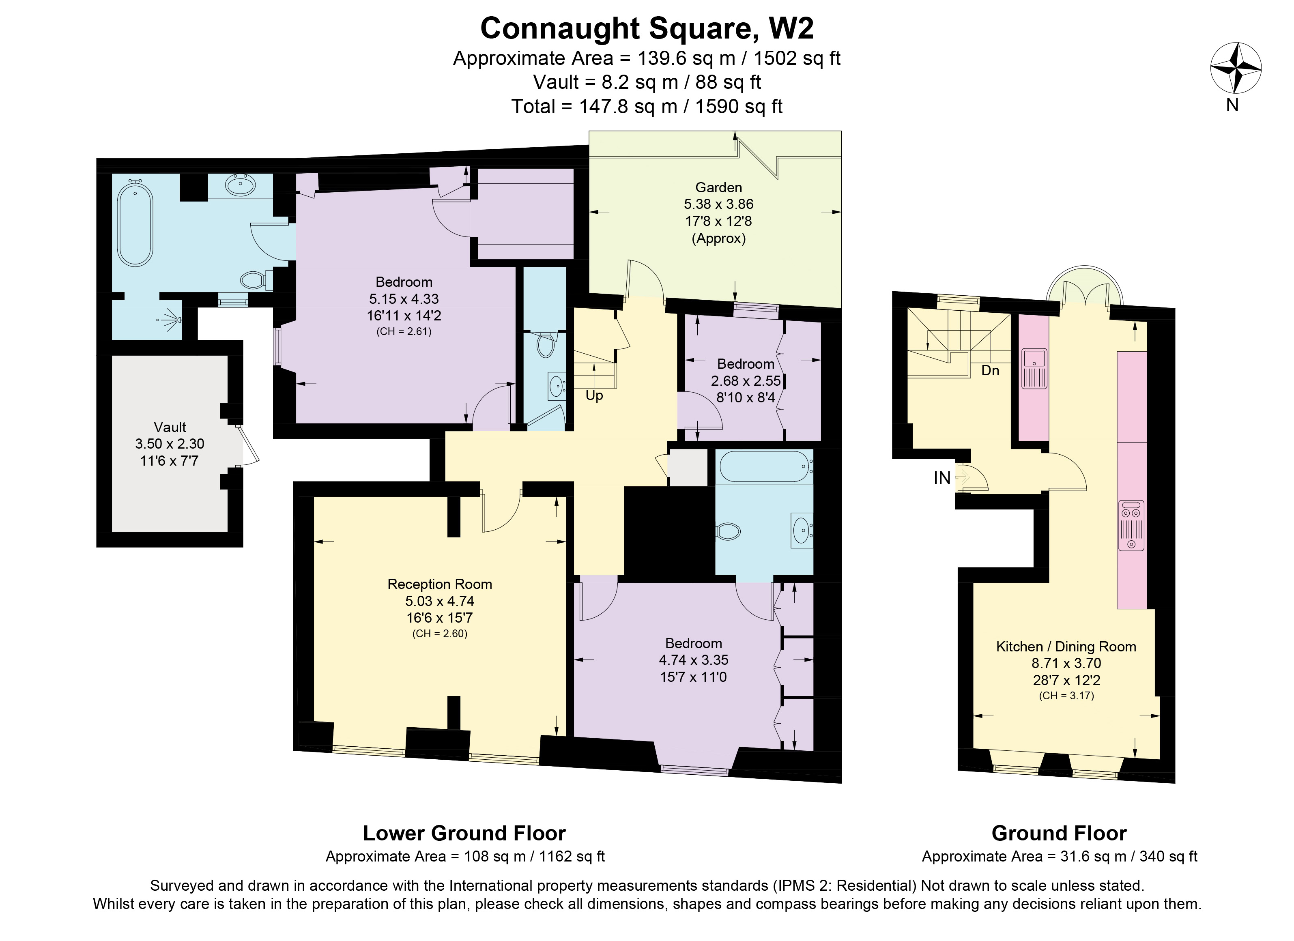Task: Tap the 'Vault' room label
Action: pos(170,427)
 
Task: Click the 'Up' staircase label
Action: pos(594,396)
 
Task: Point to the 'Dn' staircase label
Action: pos(991,370)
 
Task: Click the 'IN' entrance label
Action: pos(942,478)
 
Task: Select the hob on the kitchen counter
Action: pos(1131,525)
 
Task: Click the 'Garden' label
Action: pos(718,187)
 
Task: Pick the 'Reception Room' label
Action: pos(439,584)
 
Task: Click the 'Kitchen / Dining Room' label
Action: pos(1066,647)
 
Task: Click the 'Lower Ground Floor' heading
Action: pos(464,833)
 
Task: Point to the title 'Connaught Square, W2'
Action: pos(647,28)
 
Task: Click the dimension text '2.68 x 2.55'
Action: pos(746,380)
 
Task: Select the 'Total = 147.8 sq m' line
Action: pos(647,107)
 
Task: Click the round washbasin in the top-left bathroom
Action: pos(241,185)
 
